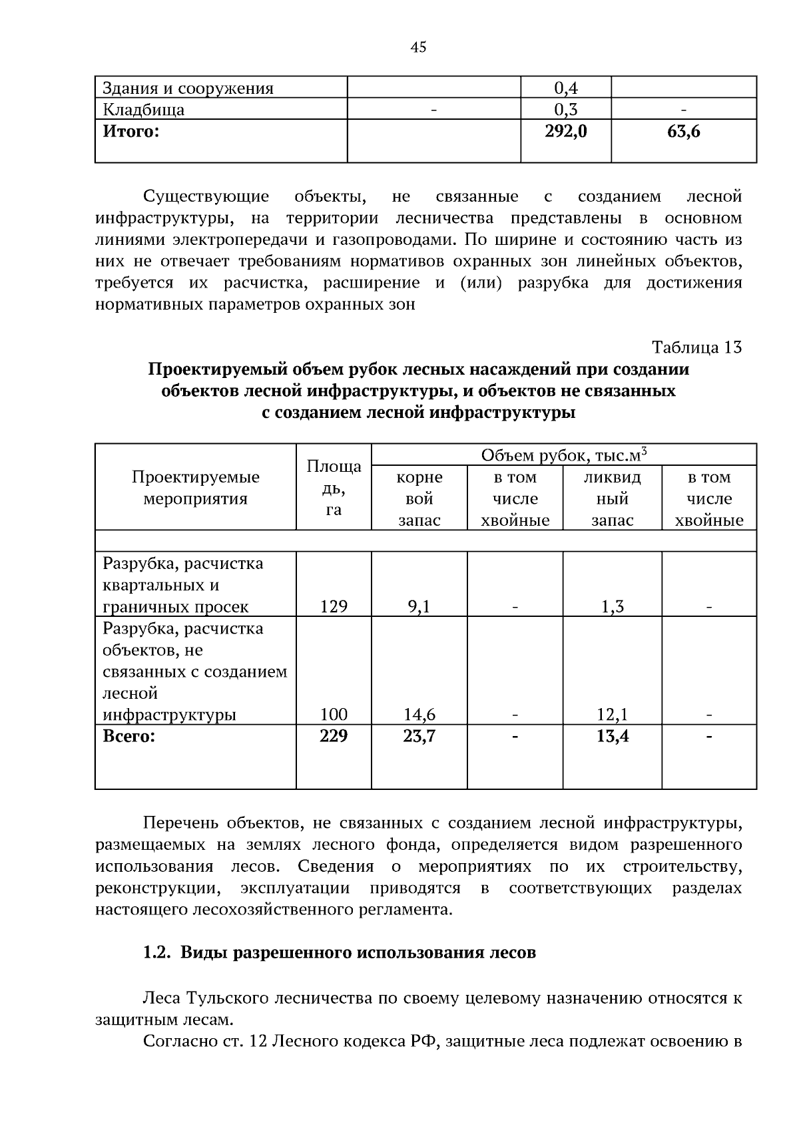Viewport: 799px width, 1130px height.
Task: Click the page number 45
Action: pos(418,47)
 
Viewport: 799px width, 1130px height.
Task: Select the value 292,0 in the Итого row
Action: pos(565,132)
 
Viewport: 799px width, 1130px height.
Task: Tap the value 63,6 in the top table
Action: pos(683,132)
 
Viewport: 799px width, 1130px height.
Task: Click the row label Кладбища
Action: pos(144,110)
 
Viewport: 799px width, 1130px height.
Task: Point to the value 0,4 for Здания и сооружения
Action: pos(565,88)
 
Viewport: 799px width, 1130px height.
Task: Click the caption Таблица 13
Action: pos(696,347)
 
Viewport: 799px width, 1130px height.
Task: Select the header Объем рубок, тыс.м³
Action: pos(563,455)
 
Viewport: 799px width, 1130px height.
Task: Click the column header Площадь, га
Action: pos(334,487)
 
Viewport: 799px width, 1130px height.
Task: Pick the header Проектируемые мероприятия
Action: pos(195,488)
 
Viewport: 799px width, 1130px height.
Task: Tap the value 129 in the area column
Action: pos(334,606)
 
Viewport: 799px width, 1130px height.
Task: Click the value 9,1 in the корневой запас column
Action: pos(419,606)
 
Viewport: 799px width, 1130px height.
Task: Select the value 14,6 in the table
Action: pos(419,715)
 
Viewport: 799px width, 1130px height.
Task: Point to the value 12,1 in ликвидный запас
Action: pos(612,715)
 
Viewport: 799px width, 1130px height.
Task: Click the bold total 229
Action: pos(334,736)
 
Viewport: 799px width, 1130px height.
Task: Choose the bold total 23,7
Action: pos(419,736)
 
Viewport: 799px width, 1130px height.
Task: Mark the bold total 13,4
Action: pos(612,736)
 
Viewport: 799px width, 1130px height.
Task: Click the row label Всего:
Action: pos(129,737)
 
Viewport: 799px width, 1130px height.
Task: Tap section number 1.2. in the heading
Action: pos(157,953)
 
